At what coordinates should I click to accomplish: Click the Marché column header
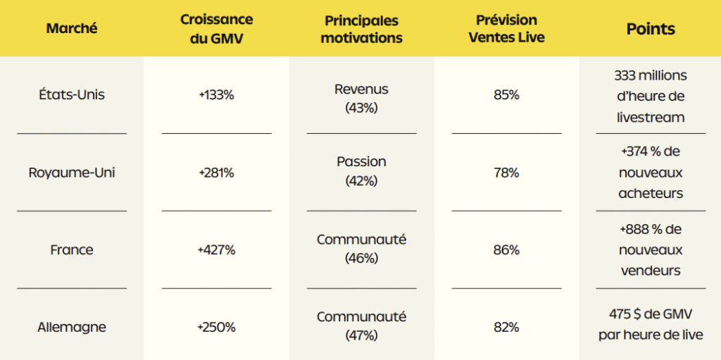(72, 29)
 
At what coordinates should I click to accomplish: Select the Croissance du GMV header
(216, 29)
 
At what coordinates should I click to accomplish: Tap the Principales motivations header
(361, 29)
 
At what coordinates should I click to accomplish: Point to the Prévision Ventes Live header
(506, 29)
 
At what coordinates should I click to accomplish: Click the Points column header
(651, 29)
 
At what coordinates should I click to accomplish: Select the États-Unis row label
(72, 94)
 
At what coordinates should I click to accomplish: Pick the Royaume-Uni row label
(72, 173)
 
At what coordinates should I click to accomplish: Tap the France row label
(72, 250)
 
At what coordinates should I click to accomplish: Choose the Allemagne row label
(72, 327)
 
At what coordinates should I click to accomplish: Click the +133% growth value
(216, 94)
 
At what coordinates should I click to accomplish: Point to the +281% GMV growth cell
(216, 173)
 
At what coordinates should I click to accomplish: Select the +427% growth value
(216, 250)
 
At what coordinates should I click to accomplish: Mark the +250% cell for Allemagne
(216, 327)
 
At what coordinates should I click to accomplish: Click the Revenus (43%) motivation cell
(361, 99)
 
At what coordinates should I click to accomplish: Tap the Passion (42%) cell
(361, 170)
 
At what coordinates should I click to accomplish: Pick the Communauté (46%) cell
(361, 248)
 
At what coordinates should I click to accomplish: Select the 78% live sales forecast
(506, 173)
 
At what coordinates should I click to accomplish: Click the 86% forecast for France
(506, 250)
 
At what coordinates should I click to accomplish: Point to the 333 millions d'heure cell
(651, 97)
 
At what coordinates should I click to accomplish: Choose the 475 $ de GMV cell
(651, 324)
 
